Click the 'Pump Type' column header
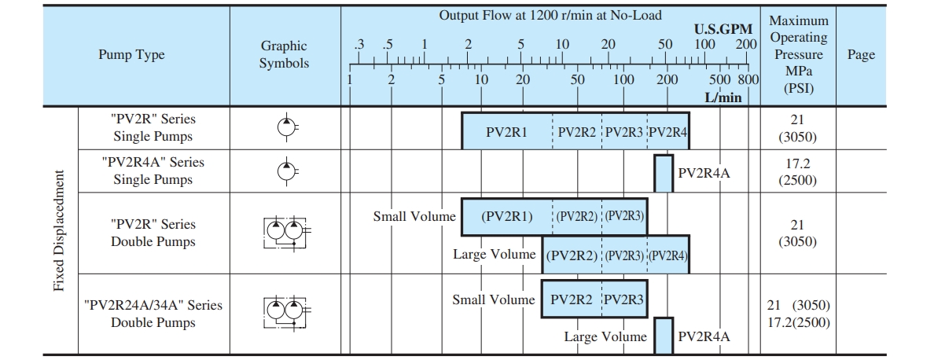131,55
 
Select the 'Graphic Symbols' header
284,55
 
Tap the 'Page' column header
860,55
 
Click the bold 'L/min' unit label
723,97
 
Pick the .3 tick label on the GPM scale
359,44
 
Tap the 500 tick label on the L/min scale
720,79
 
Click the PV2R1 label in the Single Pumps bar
506,131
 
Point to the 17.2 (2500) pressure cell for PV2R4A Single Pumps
797,171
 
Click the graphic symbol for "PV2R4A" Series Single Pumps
285,171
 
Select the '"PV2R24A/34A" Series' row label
153,305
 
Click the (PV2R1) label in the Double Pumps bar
507,216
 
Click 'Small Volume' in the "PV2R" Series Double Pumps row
414,216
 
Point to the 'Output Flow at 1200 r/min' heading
550,15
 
